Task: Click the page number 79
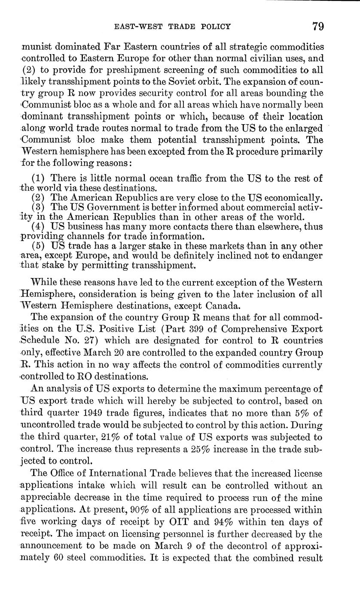point(318,27)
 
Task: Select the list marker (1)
point(39,178)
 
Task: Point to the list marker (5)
point(39,246)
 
